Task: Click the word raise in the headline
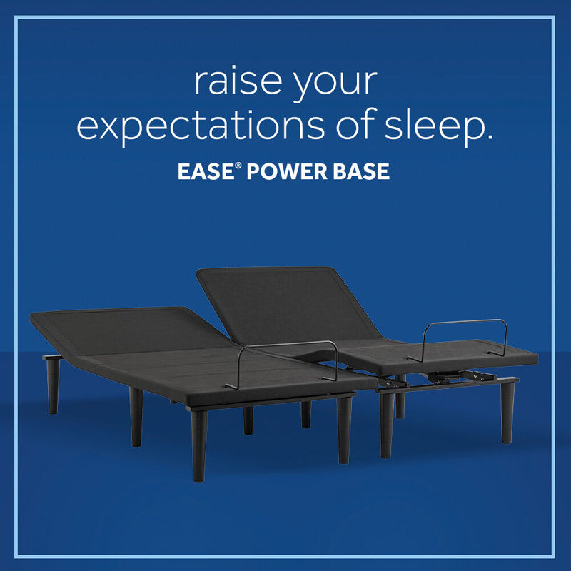236,83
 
